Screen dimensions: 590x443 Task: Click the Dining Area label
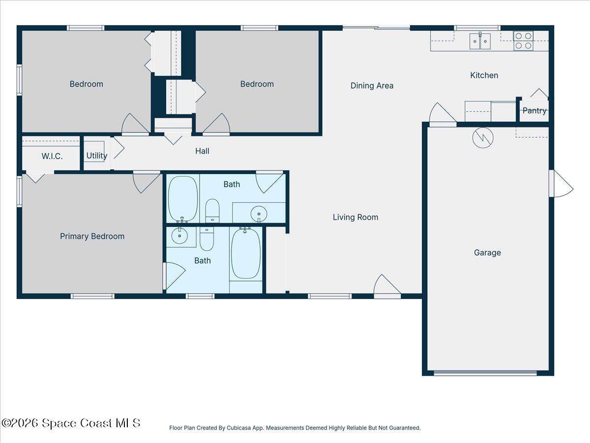coord(372,86)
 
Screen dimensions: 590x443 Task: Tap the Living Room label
coord(355,217)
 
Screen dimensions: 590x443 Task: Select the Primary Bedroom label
coord(92,236)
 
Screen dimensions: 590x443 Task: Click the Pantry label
coord(534,111)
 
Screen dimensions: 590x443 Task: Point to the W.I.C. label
coord(52,156)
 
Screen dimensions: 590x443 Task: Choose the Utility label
coord(97,156)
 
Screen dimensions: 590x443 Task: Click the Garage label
coord(487,253)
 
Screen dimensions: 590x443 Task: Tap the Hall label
coord(202,151)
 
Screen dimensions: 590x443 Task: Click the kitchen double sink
coord(480,41)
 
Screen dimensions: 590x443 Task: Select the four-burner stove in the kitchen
coord(523,41)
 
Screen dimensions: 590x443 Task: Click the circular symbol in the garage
coord(483,138)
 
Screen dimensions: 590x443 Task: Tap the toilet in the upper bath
coord(212,211)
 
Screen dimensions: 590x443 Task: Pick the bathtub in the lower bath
coord(246,253)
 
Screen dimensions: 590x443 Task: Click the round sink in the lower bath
coord(179,236)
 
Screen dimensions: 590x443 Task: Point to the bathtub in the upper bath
coord(183,199)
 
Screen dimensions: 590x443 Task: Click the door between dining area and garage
coord(442,114)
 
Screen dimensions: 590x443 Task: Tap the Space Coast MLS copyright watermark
coord(71,423)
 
